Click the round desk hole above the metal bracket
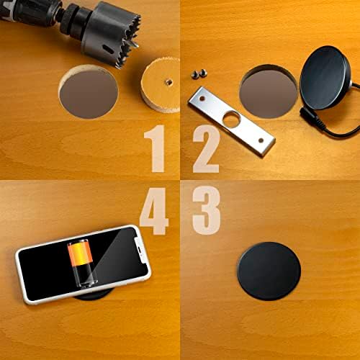pyautogui.click(x=267, y=89)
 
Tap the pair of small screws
pyautogui.click(x=199, y=73)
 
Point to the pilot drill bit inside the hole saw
pyautogui.click(x=135, y=43)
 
